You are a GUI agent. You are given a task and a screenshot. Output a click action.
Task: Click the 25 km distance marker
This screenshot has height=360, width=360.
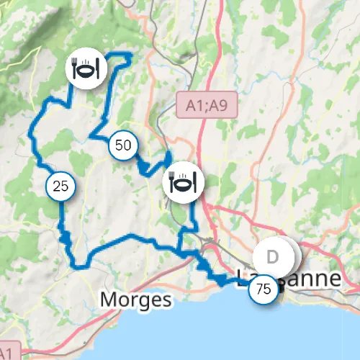tap(61, 186)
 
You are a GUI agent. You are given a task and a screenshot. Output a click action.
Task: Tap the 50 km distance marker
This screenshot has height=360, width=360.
tap(123, 145)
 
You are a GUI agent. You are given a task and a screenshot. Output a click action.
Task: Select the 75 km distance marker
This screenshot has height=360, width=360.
tap(264, 290)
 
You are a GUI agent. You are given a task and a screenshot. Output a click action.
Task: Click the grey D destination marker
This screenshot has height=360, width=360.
tap(274, 257)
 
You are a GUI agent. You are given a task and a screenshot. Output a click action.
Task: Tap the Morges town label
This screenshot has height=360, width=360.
tap(136, 299)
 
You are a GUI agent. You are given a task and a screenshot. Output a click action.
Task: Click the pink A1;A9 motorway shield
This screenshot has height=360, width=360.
tap(207, 105)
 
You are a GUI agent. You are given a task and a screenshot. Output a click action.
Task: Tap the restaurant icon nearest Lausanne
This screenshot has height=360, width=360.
tap(182, 183)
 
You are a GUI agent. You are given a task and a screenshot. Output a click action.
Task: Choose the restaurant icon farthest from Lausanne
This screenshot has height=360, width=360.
tap(86, 70)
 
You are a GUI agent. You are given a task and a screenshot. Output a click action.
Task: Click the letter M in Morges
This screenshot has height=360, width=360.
tap(109, 299)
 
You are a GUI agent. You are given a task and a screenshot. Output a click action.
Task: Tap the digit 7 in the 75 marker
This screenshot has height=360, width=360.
tap(259, 290)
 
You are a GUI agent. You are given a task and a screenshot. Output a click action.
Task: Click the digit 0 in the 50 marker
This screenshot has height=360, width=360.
tap(127, 145)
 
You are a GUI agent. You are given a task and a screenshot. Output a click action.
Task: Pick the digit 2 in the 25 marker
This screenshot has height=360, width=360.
tap(57, 186)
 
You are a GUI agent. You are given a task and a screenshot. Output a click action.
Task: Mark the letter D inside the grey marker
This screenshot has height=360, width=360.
tap(273, 257)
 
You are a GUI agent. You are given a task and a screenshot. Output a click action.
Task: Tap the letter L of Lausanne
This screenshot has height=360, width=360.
tap(242, 278)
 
